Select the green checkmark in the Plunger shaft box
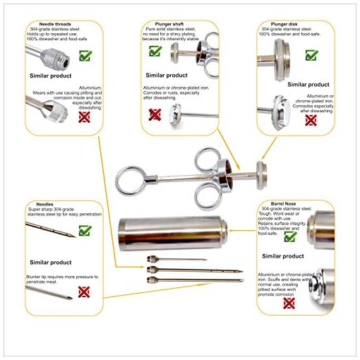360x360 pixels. [x=155, y=51]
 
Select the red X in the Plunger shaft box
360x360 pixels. [x=155, y=113]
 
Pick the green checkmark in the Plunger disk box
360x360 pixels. [x=311, y=54]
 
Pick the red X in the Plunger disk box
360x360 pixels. [x=311, y=119]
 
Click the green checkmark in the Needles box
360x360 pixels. [x=85, y=230]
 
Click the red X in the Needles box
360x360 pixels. [x=84, y=292]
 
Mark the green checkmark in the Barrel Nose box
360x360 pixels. [x=289, y=237]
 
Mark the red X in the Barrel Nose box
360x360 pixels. [x=289, y=304]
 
